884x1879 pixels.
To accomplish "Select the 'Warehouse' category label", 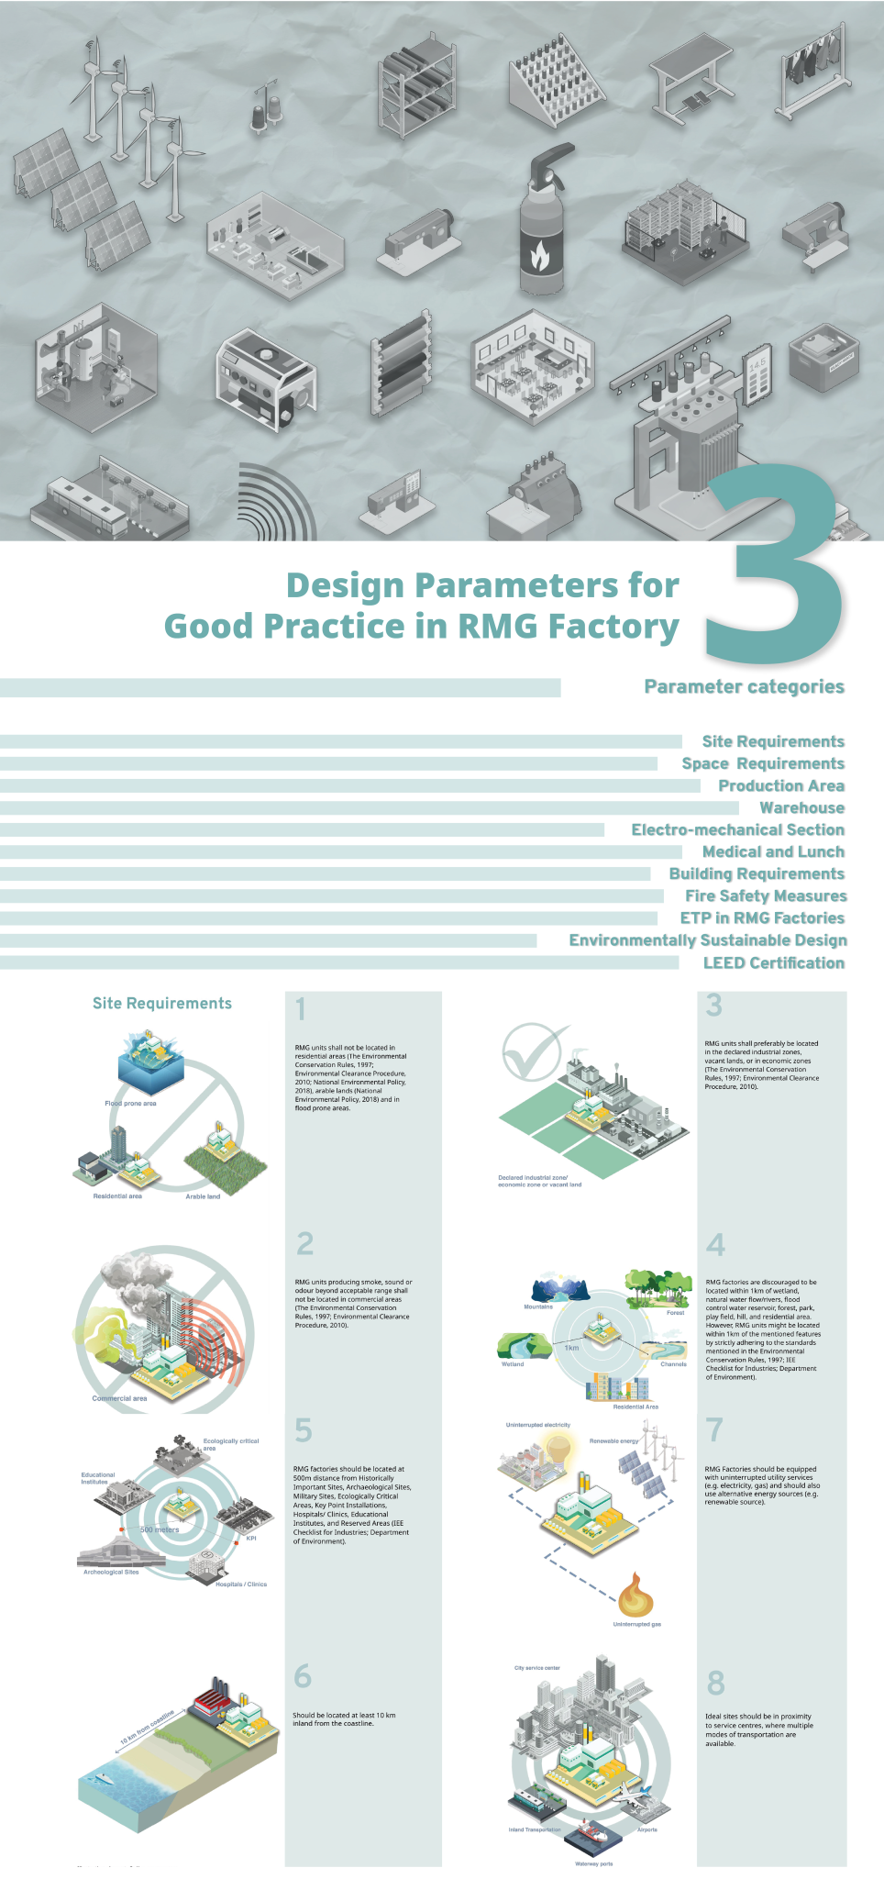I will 801,808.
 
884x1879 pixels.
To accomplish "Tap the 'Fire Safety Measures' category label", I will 766,896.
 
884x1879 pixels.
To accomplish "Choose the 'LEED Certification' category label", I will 773,963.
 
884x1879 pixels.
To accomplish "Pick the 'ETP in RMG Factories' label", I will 761,918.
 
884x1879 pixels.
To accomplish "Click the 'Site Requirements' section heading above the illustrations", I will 162,1004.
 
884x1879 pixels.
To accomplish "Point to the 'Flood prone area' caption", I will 130,1104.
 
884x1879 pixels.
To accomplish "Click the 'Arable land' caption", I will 203,1196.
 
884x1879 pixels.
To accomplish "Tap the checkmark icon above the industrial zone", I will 534,1051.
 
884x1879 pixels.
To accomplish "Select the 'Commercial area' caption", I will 119,1399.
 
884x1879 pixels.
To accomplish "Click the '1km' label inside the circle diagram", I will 571,1348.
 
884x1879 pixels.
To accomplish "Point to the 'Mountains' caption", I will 538,1306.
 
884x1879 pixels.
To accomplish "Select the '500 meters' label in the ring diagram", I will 160,1530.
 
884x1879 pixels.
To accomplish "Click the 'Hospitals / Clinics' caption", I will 241,1584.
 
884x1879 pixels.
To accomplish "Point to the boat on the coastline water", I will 98,1778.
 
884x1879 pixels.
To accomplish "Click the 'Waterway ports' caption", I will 593,1864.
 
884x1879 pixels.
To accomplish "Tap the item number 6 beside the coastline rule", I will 303,1677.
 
